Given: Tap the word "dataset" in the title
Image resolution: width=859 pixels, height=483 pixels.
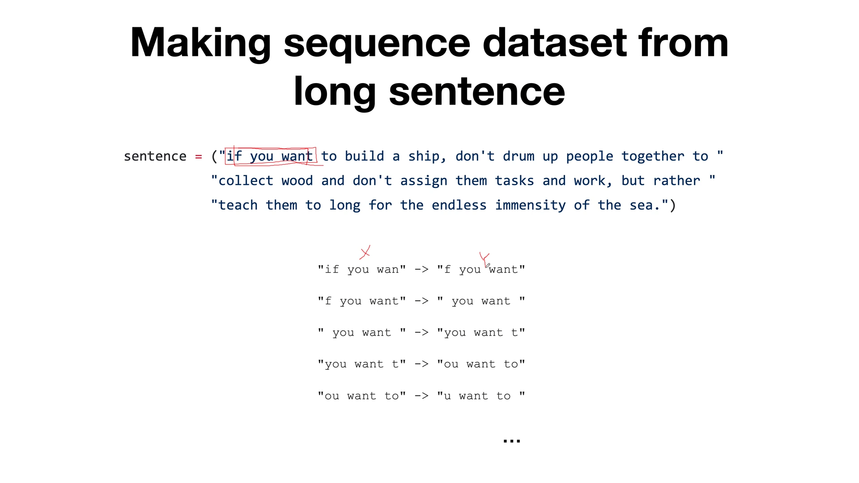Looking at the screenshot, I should point(555,43).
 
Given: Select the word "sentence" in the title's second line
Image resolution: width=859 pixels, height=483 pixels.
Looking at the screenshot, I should point(477,92).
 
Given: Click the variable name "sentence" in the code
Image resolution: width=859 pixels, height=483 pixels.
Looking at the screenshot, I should point(155,157).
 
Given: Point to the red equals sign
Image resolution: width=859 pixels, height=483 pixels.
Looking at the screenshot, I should point(199,157).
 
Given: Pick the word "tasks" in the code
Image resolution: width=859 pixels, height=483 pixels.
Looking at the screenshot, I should point(514,181).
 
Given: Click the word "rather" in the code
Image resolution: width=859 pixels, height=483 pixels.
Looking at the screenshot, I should point(676,181).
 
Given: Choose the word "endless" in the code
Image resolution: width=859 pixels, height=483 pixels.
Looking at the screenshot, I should point(459,205).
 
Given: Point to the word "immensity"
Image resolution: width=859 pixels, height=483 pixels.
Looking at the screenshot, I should point(530,205).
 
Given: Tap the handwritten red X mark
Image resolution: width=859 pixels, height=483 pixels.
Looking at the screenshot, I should point(365,253).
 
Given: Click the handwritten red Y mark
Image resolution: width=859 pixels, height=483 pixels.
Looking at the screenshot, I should point(485,258).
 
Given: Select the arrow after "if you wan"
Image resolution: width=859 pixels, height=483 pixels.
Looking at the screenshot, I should point(421,269).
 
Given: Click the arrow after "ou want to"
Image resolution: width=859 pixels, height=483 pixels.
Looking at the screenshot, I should point(421,396).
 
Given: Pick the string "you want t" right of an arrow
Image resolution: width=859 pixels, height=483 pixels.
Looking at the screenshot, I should point(481,333).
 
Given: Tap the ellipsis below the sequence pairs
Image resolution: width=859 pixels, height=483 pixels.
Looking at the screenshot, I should point(511,441).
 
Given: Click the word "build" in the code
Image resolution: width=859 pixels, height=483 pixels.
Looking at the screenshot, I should point(364,157).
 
